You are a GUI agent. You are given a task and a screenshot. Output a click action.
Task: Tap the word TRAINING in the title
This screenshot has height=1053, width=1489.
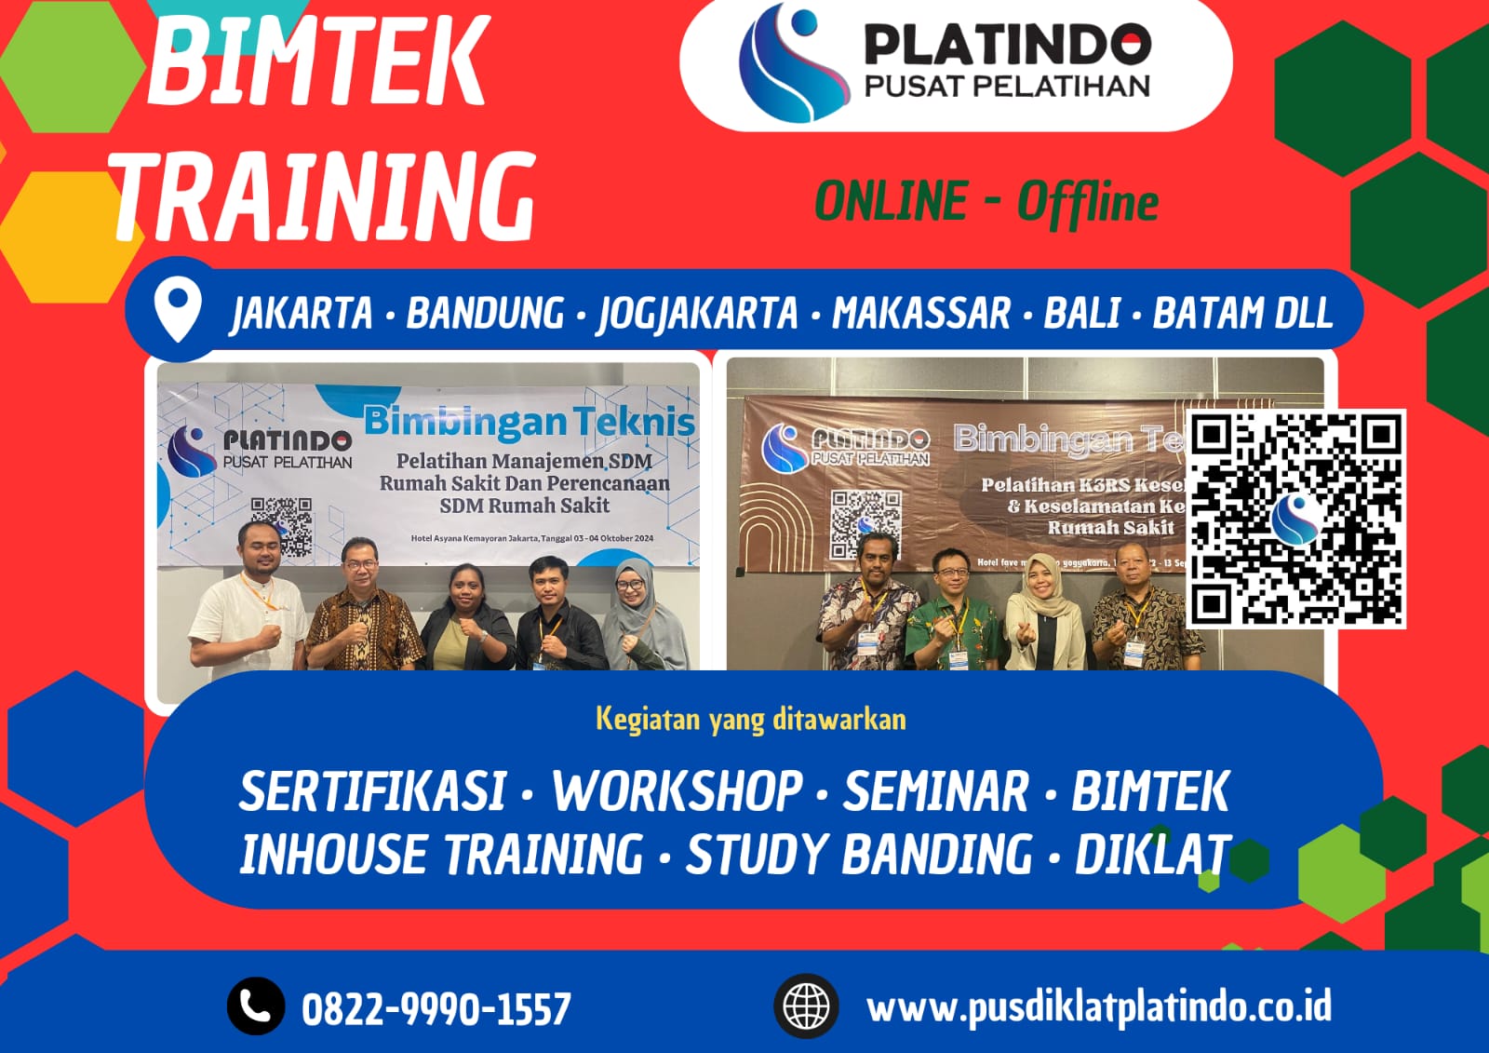click(x=326, y=196)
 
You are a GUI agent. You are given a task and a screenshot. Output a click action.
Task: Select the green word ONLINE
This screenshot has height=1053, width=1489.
click(x=891, y=201)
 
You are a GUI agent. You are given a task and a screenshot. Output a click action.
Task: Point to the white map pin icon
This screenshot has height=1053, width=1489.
click(x=178, y=311)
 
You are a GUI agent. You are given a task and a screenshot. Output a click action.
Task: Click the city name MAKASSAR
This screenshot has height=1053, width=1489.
click(x=920, y=313)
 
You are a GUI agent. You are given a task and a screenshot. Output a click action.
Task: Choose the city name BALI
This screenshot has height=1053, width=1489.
click(x=1081, y=313)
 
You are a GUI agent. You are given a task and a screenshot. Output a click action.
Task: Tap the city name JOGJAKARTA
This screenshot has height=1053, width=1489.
click(x=697, y=313)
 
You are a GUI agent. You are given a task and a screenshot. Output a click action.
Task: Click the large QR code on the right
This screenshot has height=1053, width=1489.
click(x=1297, y=518)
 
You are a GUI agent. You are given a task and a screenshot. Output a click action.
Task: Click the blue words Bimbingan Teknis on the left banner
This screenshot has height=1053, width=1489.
click(x=529, y=421)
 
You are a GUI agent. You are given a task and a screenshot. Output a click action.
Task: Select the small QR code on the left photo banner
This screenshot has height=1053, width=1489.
click(x=281, y=523)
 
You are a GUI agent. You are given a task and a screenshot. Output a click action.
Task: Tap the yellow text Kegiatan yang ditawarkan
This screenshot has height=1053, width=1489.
click(x=750, y=720)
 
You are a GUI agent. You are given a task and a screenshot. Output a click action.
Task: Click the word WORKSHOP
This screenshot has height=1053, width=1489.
click(x=677, y=791)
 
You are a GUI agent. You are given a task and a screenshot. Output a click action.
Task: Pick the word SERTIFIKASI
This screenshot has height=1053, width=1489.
click(x=372, y=791)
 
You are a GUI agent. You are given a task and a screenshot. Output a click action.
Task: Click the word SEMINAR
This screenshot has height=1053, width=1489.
click(x=936, y=791)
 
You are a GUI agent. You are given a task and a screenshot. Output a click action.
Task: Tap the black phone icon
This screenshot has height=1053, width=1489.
click(x=256, y=1006)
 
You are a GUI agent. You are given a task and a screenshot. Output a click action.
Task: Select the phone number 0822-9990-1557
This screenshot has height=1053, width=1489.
click(x=436, y=1009)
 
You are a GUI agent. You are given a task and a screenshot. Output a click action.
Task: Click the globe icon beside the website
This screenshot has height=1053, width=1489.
click(x=806, y=1006)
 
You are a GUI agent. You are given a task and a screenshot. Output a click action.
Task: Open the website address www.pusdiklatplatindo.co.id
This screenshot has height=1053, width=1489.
click(x=1098, y=1007)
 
